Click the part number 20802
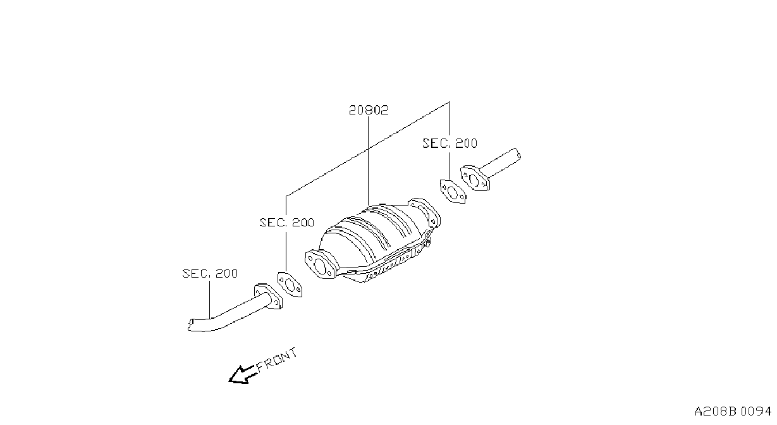(x=369, y=110)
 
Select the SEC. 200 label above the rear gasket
(x=450, y=144)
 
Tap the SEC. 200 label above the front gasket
(x=287, y=223)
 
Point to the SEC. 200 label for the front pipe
(x=210, y=273)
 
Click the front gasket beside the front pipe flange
(x=290, y=285)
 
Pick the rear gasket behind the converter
(x=453, y=192)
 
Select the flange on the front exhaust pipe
(x=268, y=297)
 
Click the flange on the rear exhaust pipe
(x=475, y=178)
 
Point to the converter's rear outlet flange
(x=425, y=212)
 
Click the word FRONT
(x=277, y=359)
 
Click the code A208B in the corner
(x=715, y=412)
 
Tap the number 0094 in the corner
(x=756, y=412)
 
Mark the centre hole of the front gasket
(x=290, y=285)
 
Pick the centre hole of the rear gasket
(x=452, y=192)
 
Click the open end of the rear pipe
(x=517, y=154)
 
